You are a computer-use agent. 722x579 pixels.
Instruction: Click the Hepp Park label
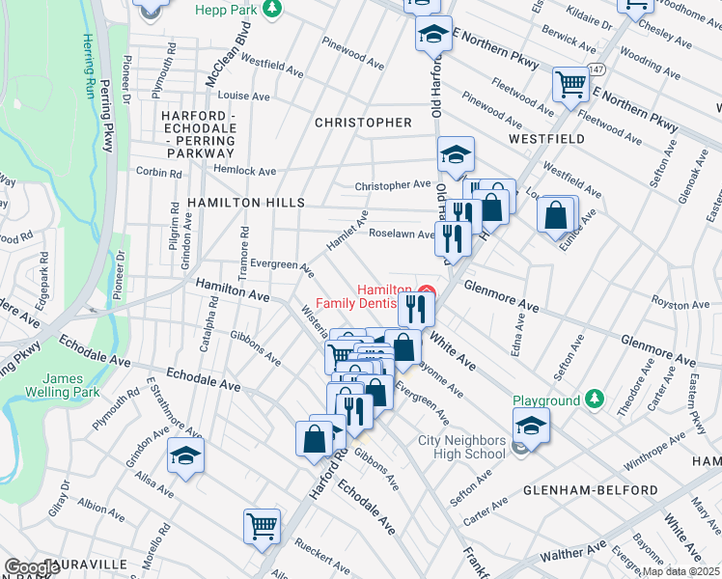point(226,9)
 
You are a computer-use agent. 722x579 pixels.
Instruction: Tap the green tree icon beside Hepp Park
point(273,9)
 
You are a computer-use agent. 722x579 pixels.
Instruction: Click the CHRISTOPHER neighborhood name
point(363,123)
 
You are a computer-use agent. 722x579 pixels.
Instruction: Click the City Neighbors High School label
point(461,447)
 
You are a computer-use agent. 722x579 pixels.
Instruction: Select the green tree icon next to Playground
point(596,400)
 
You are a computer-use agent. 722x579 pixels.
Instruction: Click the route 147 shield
point(598,70)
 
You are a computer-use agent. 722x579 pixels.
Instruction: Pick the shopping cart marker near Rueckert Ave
point(262,526)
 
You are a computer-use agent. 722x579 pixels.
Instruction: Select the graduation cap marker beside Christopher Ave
point(456,153)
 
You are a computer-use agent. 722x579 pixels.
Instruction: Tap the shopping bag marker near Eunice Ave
point(557,216)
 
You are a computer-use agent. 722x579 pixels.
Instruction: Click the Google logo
point(32,567)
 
